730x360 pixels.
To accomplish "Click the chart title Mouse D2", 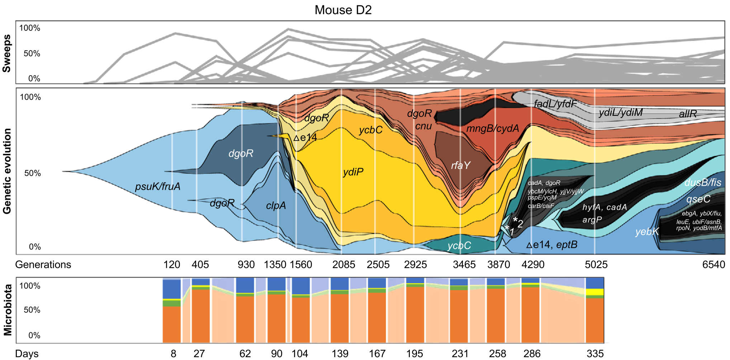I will coord(343,10).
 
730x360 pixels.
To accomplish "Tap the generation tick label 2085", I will coord(343,265).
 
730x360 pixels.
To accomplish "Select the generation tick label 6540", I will coord(714,265).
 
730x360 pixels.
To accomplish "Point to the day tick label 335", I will coord(595,354).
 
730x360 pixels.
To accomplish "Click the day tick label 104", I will coord(300,354).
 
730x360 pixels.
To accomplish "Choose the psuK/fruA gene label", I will coord(158,186).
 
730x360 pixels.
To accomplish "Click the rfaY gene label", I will coord(460,165).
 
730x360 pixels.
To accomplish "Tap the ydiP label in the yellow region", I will coord(353,172).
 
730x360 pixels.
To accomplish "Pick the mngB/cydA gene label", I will coord(493,128).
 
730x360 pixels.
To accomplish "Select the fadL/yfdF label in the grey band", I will coord(555,104).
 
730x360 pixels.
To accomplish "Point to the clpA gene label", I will coord(276,205).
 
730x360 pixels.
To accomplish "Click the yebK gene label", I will coord(647,232).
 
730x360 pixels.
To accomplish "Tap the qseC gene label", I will coord(698,199).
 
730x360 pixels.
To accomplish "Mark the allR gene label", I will coord(688,114).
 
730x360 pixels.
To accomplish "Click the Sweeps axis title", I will coord(7,53).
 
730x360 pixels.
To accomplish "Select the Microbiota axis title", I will coord(8,310).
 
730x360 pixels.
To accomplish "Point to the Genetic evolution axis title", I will coord(7,171).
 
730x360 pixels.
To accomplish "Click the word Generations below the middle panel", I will coord(43,265).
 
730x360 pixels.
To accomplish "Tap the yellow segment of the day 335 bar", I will coord(595,292).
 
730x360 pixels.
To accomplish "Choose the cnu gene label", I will coord(423,126).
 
